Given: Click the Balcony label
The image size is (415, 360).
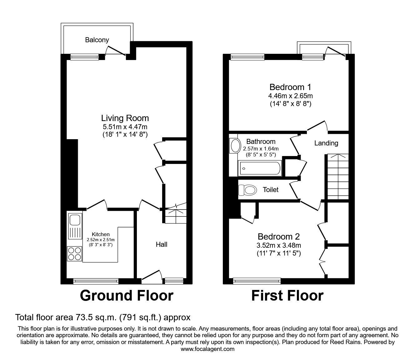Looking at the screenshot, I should point(97,40).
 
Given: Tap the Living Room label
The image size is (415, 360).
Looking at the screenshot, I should point(125,118).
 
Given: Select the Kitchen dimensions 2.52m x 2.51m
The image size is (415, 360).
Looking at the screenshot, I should point(101,240).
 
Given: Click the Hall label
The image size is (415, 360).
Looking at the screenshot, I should point(162,244).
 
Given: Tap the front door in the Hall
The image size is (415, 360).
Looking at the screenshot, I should point(152,276).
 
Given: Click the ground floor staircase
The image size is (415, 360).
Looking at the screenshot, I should point(175,216).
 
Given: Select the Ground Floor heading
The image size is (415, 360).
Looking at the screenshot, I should point(126,296).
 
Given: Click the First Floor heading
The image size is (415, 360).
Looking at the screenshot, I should point(287,296).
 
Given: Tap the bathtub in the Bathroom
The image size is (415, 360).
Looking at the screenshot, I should point(260,169).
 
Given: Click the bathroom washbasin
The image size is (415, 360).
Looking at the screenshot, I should point(234,146).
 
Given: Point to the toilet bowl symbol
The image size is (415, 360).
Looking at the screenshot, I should point(247,190).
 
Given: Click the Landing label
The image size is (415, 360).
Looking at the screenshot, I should point(326,143).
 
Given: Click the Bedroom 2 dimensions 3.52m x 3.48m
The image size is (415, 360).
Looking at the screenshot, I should point(279,245).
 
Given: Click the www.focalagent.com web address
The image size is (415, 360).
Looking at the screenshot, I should point(207,349).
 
